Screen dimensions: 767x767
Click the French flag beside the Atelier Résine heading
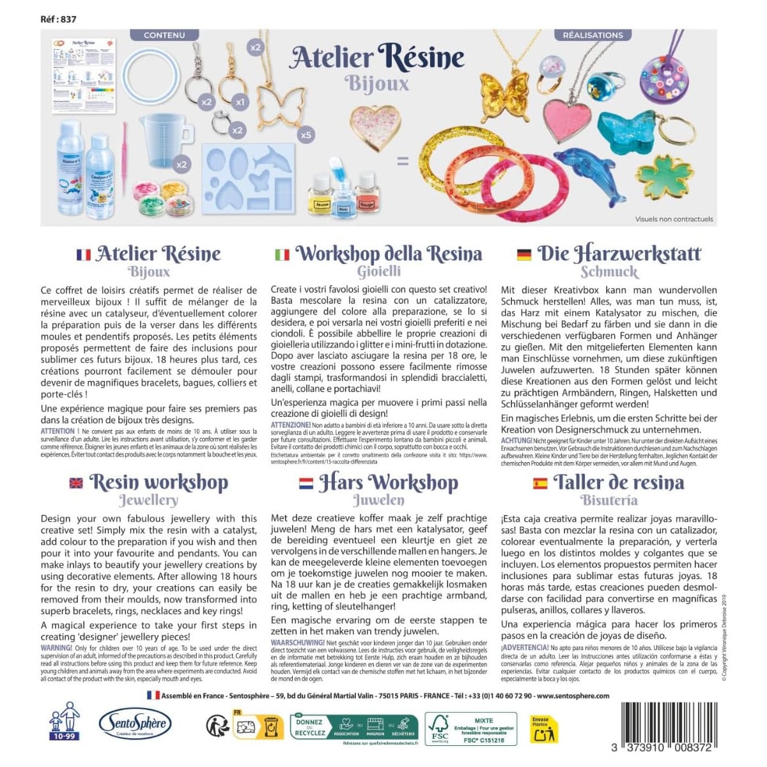(x=83, y=254)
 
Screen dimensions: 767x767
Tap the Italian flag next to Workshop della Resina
(x=282, y=254)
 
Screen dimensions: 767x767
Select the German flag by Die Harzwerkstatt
(x=524, y=254)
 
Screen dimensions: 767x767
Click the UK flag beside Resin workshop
(x=76, y=483)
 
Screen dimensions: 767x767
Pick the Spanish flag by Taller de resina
(x=540, y=483)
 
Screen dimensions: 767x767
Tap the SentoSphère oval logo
(x=135, y=724)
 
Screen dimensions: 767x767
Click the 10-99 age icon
(x=65, y=720)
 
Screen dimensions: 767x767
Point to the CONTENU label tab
(x=164, y=35)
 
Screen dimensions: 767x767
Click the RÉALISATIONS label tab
(x=593, y=35)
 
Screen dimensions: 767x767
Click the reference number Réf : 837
(x=58, y=19)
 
